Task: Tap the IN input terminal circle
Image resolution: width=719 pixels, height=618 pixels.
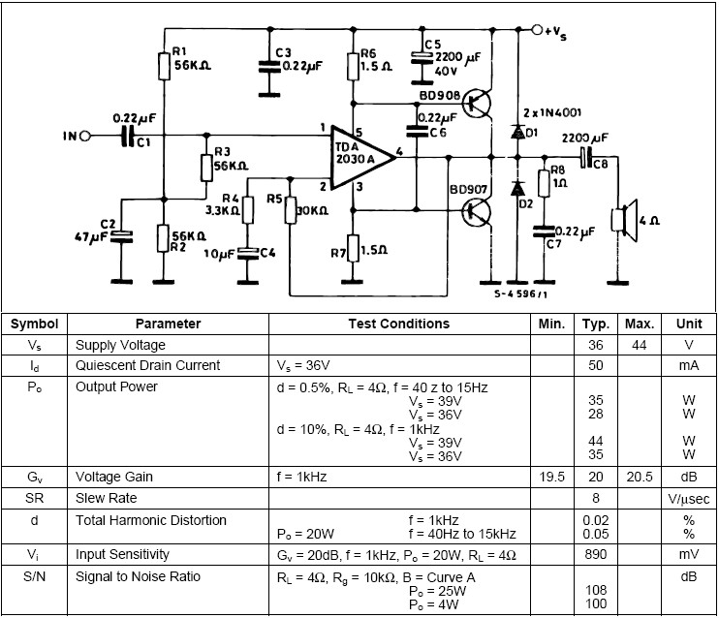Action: click(84, 136)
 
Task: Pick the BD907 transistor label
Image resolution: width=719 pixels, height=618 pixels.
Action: click(438, 192)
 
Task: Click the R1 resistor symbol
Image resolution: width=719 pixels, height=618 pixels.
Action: click(163, 66)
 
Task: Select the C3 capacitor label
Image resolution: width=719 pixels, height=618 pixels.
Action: click(282, 51)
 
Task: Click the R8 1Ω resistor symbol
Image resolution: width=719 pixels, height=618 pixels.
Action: click(544, 183)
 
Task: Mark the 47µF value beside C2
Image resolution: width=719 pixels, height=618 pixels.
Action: click(92, 235)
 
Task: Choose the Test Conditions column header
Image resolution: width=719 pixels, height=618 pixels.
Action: click(399, 324)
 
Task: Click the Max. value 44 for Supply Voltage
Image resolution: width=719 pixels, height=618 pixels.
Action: click(640, 345)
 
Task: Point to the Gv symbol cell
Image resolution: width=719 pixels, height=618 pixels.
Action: click(35, 477)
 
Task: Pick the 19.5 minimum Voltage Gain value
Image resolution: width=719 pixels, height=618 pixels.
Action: click(550, 477)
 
